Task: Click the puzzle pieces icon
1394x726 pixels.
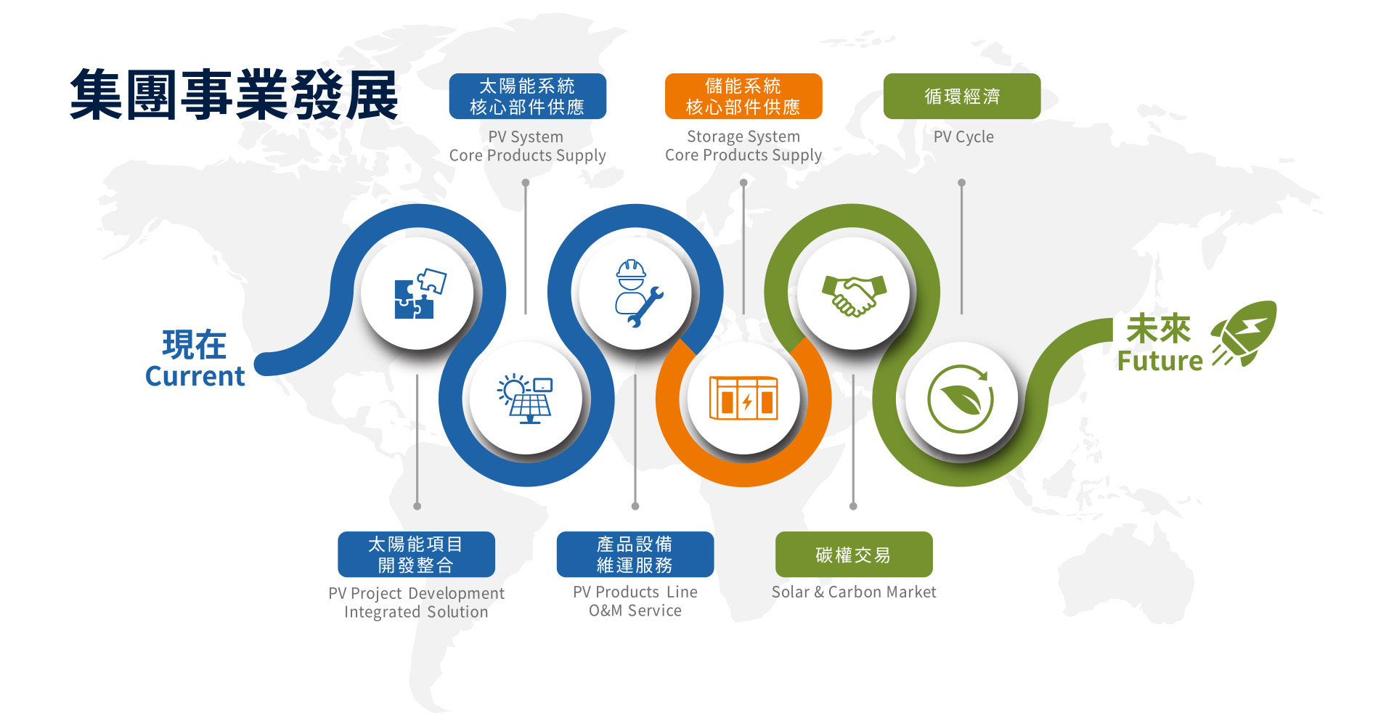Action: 420,293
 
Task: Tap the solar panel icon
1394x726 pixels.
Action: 525,399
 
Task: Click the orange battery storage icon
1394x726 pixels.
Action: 743,398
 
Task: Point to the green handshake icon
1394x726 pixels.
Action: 855,295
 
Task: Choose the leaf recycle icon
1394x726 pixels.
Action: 961,399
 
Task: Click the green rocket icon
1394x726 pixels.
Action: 1244,333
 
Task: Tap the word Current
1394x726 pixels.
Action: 195,376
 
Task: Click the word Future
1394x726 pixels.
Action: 1159,361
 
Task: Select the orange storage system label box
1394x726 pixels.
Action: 743,96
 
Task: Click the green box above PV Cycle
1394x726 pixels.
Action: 962,96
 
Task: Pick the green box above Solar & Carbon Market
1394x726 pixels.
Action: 854,555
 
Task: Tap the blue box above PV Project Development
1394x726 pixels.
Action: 416,555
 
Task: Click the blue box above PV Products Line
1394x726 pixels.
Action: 635,555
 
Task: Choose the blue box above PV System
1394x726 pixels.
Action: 528,96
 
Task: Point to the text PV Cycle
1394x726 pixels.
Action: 963,137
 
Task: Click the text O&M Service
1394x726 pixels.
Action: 635,611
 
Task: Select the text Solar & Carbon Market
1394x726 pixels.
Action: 854,592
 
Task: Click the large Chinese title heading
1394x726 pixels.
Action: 235,95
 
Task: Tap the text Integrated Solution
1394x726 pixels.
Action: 416,613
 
